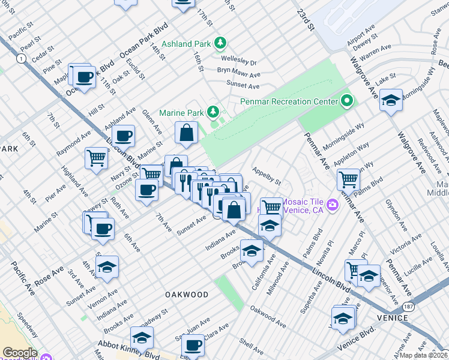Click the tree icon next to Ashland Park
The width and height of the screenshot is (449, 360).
click(x=221, y=43)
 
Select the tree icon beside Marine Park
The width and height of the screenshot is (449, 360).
click(x=212, y=112)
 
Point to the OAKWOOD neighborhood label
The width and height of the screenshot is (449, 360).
click(x=187, y=295)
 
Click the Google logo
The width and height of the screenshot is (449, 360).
click(x=19, y=353)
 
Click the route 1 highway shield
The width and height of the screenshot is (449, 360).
click(x=22, y=58)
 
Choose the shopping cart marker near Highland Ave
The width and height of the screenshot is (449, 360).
click(x=96, y=158)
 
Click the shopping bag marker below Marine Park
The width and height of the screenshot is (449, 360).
click(x=187, y=133)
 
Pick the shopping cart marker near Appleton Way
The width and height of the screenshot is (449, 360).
click(x=348, y=179)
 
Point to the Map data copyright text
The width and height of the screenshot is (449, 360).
click(x=423, y=355)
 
